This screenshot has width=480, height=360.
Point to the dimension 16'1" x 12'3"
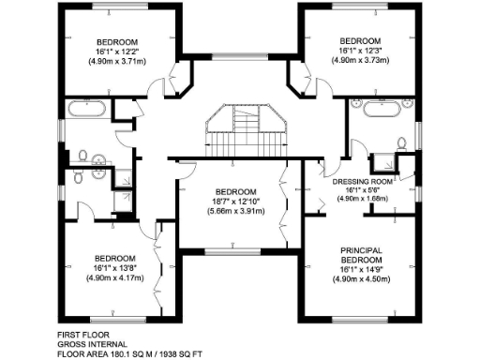(x=360, y=51)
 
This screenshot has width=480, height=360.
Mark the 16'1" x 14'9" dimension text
(x=360, y=268)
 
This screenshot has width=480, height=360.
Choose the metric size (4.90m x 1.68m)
(x=360, y=199)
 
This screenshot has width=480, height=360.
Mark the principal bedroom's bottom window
(x=360, y=319)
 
